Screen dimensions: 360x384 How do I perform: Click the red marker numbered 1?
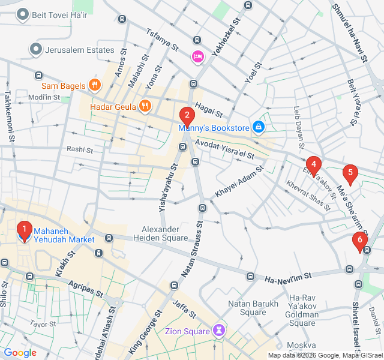(x=24, y=229)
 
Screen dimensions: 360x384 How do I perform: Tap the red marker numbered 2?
(x=187, y=115)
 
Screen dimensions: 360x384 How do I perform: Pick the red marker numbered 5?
(x=350, y=173)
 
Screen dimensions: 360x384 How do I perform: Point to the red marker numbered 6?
(x=360, y=241)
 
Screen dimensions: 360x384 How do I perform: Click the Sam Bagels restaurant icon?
(x=94, y=85)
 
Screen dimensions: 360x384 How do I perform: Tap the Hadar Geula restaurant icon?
(x=145, y=107)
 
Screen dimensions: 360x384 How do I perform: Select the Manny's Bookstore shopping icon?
(x=258, y=127)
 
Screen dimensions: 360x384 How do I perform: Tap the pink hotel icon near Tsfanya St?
(x=197, y=57)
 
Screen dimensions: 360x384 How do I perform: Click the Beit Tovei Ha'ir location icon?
(x=24, y=13)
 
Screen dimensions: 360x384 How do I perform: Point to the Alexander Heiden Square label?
(x=164, y=233)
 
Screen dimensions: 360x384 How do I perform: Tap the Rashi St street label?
(x=80, y=149)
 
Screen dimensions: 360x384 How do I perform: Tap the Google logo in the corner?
(x=20, y=353)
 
